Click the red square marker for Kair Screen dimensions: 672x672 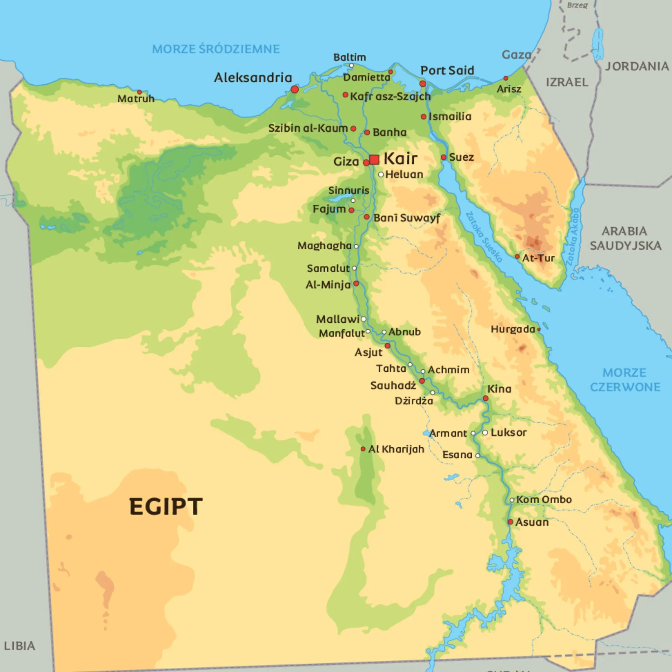click(374, 160)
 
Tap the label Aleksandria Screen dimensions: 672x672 click(253, 78)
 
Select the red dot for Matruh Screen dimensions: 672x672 click(139, 92)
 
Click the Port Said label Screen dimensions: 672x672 click(447, 71)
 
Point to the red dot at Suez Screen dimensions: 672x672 click(443, 157)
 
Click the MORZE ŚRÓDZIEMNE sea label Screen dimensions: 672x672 click(216, 49)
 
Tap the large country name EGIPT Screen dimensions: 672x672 click(166, 506)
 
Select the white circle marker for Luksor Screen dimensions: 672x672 click(485, 433)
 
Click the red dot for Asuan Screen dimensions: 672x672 click(510, 522)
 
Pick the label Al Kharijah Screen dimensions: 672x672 click(396, 449)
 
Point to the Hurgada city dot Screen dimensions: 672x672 click(539, 329)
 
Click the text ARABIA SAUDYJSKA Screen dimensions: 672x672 click(625, 238)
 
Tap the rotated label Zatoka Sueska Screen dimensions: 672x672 click(484, 237)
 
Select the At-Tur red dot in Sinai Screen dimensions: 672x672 click(517, 257)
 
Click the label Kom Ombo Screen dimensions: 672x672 click(544, 499)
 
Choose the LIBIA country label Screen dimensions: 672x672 click(19, 646)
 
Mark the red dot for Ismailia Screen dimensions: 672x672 click(423, 117)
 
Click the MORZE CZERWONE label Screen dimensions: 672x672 click(625, 380)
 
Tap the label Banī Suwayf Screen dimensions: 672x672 click(406, 218)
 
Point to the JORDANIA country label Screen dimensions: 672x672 click(637, 66)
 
